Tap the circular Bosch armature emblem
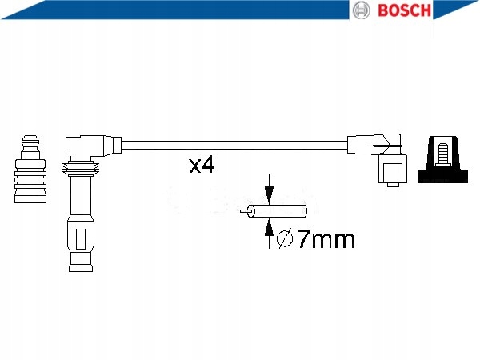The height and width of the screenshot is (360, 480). pos(361,10)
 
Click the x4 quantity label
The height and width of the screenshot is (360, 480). pos(202,166)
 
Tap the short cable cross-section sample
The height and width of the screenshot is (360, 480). pos(279,212)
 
